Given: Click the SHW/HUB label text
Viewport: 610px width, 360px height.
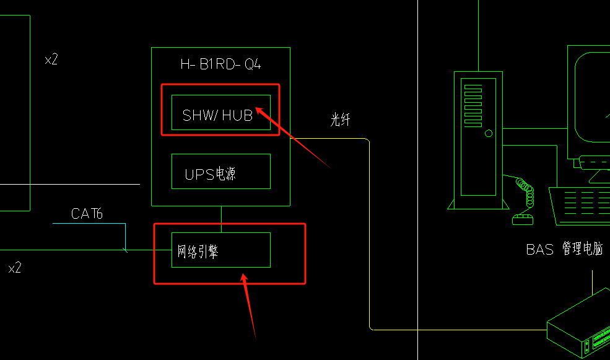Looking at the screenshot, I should point(217,115).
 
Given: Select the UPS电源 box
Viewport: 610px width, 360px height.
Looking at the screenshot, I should point(220,172).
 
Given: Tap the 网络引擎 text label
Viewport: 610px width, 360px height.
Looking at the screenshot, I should point(198,252).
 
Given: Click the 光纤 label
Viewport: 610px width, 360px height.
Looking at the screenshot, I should point(340,120).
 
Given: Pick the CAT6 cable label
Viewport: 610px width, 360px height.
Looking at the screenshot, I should point(87,214).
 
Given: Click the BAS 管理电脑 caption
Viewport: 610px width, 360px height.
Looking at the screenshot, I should point(564,250).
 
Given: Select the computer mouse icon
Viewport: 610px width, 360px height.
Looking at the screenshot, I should point(522,219).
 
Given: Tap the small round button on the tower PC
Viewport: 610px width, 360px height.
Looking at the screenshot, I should point(489,133).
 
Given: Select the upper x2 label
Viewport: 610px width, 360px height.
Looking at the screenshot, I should point(51,60).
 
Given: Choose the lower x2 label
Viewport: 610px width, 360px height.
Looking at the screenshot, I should point(15,268).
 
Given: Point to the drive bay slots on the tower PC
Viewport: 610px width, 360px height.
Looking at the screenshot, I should point(472,105).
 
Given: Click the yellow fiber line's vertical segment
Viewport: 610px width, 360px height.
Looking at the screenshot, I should point(370,235).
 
